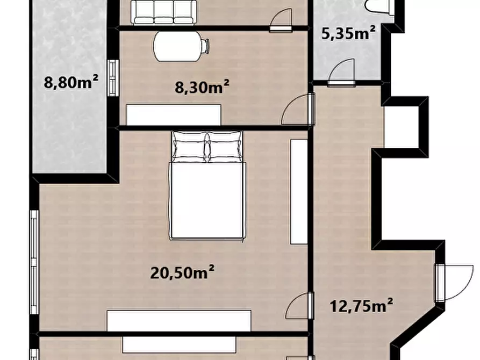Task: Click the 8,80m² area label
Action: pyautogui.click(x=71, y=82)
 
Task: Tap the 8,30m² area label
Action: pyautogui.click(x=202, y=87)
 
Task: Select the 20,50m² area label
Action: pyautogui.click(x=182, y=272)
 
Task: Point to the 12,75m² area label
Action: pyautogui.click(x=361, y=306)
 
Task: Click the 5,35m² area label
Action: pyautogui.click(x=348, y=33)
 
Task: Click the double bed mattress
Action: pyautogui.click(x=208, y=200)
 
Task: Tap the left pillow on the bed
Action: pyautogui.click(x=190, y=146)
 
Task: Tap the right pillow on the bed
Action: pyautogui.click(x=225, y=146)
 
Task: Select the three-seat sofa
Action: pyautogui.click(x=164, y=12)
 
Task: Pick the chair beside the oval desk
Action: pyautogui.click(x=205, y=46)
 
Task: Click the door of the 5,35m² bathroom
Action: pyautogui.click(x=342, y=73)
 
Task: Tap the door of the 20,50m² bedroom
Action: pyautogui.click(x=300, y=306)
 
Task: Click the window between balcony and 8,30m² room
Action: pyautogui.click(x=113, y=78)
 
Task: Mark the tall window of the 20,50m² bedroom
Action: pyautogui.click(x=34, y=262)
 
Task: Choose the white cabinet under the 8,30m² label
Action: pyautogui.click(x=174, y=115)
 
